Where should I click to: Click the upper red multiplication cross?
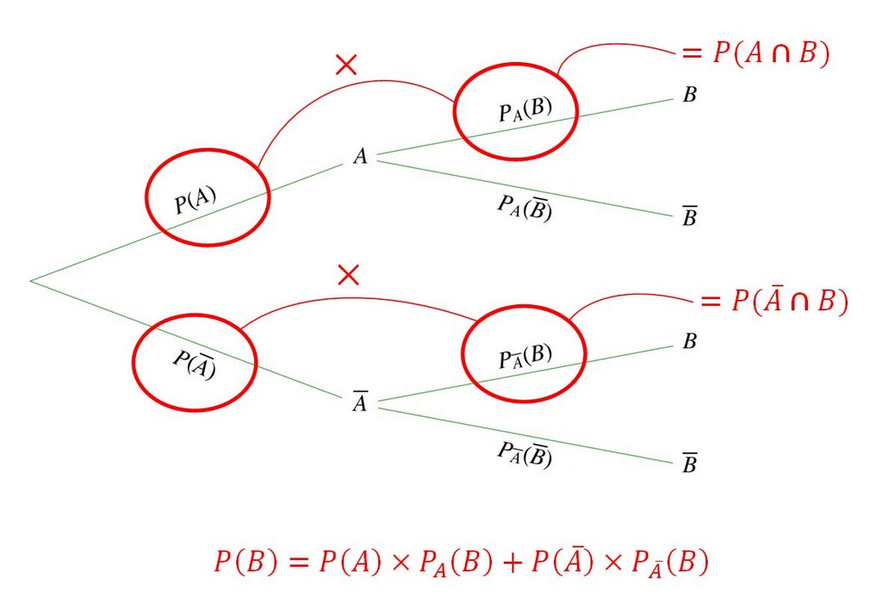click(346, 65)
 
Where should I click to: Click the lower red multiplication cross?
click(348, 275)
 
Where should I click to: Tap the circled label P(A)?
click(196, 201)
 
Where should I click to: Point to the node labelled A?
click(360, 157)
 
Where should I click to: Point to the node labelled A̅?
click(360, 403)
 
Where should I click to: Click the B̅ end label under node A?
click(690, 218)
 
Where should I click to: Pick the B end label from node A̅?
click(690, 342)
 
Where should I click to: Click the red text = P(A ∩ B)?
click(755, 53)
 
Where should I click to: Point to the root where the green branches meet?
click(31, 280)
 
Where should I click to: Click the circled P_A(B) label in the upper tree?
click(525, 111)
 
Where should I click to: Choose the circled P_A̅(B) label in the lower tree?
click(525, 356)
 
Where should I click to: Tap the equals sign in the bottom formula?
click(297, 564)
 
